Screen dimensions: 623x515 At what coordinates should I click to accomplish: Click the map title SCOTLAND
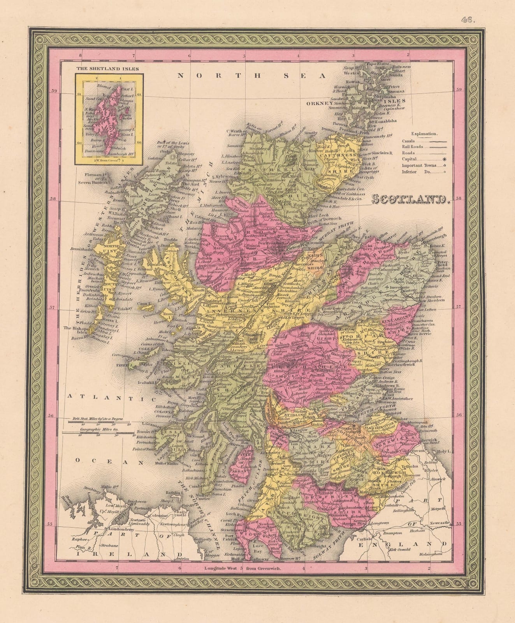pos(411,200)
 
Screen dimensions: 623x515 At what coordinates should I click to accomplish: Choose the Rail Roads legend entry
pos(413,147)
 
